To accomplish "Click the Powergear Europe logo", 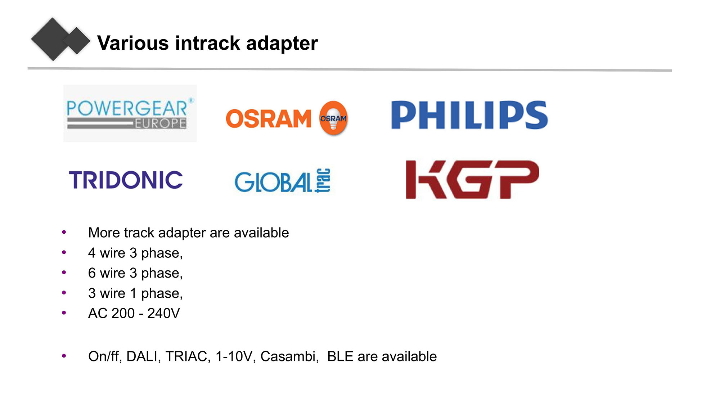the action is click(x=130, y=113).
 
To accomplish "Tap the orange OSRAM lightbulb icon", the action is click(x=333, y=118).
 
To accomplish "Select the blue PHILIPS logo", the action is click(x=469, y=115).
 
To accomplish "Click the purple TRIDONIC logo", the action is click(x=126, y=180).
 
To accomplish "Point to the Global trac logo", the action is click(x=283, y=181).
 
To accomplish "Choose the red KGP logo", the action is click(x=472, y=179).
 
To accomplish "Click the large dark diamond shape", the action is click(x=53, y=39).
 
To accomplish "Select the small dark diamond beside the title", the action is click(x=77, y=40).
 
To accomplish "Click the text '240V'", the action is click(x=163, y=313).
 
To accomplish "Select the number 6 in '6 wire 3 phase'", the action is click(x=92, y=273).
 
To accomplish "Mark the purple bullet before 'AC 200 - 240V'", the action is click(x=64, y=313).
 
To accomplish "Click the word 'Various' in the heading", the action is click(x=133, y=43).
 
